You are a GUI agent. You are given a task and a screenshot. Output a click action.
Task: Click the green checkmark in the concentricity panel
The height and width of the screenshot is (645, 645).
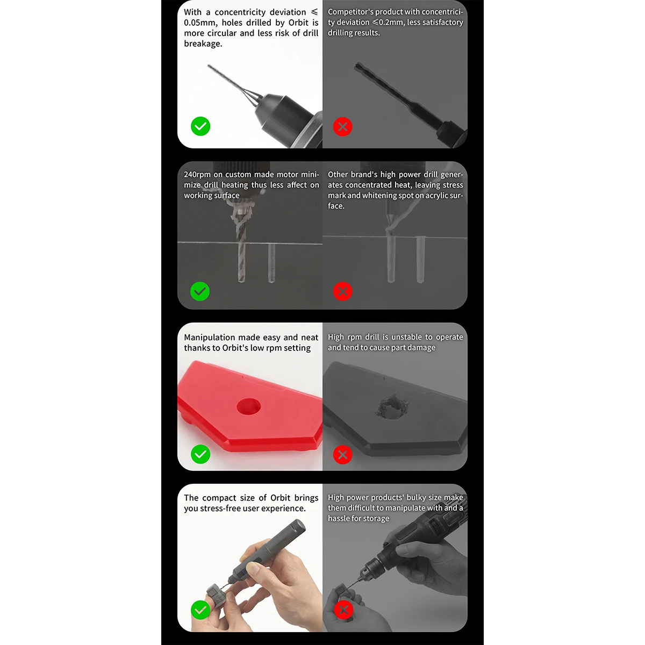[x=200, y=126]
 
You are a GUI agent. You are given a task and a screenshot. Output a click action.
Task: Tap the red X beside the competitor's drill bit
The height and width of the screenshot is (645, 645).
[x=343, y=126]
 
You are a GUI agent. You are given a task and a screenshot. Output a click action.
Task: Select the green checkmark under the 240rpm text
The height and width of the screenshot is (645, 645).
[x=200, y=291]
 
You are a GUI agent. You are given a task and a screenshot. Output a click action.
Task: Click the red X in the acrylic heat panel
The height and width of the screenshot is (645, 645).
[x=343, y=291]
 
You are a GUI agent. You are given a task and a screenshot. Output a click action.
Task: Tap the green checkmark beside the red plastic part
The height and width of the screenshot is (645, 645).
[x=200, y=454]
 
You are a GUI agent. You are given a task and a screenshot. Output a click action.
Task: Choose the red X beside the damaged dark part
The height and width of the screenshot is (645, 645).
[x=343, y=455]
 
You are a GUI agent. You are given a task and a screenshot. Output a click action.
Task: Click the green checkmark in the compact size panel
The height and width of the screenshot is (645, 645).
[x=200, y=610]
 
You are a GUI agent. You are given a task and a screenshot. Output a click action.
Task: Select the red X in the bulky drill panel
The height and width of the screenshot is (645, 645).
[x=344, y=610]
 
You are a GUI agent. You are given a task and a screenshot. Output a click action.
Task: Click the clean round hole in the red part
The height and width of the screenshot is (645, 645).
[x=249, y=406]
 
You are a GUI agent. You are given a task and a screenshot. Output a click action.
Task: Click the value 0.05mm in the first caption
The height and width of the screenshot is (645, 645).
[x=200, y=23]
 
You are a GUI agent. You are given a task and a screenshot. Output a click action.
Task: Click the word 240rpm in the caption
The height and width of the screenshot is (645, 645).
[x=197, y=175]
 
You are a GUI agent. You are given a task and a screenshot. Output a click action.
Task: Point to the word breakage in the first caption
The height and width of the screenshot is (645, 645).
[x=203, y=44]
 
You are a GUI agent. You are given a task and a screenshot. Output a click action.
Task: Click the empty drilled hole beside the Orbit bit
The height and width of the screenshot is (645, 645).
[x=271, y=263]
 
